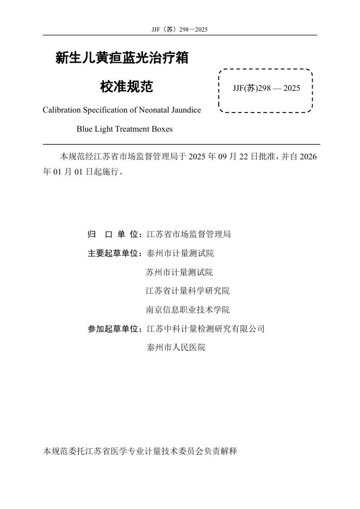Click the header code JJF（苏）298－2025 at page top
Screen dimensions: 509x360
[180, 29]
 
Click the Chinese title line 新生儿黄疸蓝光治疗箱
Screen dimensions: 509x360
[122, 58]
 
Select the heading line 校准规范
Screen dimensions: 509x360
[127, 86]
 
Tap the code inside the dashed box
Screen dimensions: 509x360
[266, 88]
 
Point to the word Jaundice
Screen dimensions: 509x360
[184, 110]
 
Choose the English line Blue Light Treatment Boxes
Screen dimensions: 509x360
[125, 129]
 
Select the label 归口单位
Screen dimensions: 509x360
[113, 234]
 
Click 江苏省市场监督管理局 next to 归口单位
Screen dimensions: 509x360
[189, 234]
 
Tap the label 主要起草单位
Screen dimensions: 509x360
[113, 253]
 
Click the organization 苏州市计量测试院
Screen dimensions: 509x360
[180, 272]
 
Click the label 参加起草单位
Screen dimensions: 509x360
[113, 329]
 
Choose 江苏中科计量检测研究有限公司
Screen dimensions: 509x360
[206, 329]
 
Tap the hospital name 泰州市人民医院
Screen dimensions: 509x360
[176, 347]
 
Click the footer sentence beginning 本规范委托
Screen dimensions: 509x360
[140, 451]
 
